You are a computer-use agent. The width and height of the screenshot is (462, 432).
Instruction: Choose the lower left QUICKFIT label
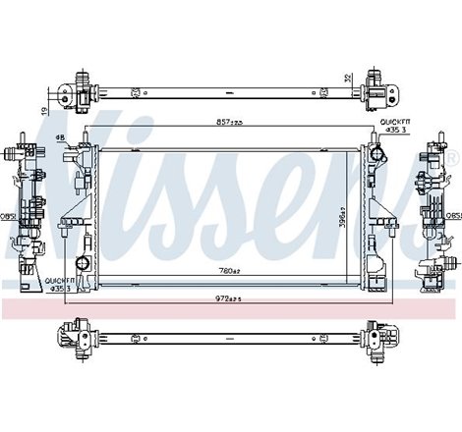tap(61, 283)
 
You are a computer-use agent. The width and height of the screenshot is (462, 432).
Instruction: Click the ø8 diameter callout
tap(60, 137)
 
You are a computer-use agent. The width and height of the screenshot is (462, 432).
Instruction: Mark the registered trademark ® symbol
tap(451, 159)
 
